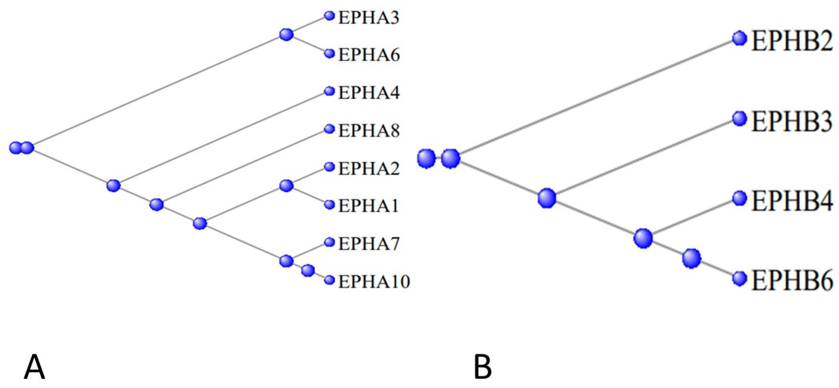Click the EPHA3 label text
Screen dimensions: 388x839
click(x=369, y=18)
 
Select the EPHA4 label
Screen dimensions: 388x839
click(x=369, y=93)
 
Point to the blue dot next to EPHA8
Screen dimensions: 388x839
click(x=330, y=129)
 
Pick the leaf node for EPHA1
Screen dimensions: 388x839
click(x=330, y=205)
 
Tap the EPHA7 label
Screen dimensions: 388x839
click(x=369, y=244)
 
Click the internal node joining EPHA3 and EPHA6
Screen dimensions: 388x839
click(x=286, y=34)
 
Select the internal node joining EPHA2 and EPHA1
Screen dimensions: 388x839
click(x=286, y=186)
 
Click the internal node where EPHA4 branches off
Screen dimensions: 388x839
click(x=114, y=186)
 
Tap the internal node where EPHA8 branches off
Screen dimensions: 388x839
click(x=157, y=205)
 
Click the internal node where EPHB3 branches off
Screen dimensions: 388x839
click(x=547, y=198)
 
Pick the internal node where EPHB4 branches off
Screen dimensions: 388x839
click(x=643, y=238)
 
